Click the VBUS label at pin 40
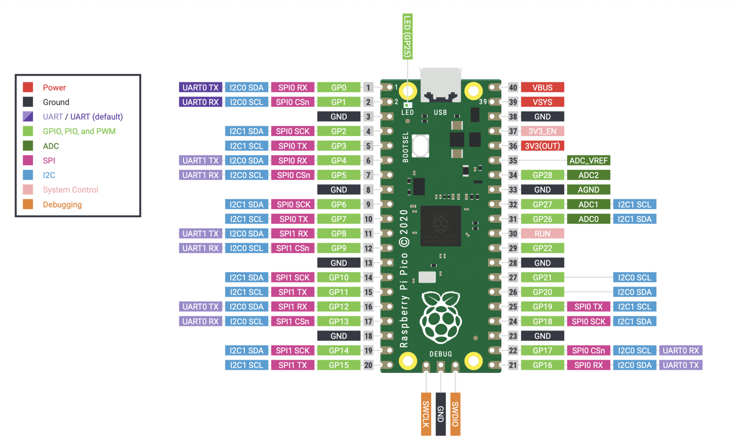click(542, 87)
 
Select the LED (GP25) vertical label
click(407, 36)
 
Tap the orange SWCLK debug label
click(426, 414)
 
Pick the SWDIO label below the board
click(455, 414)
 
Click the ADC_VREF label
click(588, 160)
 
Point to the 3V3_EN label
click(542, 131)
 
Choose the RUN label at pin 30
click(542, 234)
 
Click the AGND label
click(588, 190)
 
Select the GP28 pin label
click(542, 175)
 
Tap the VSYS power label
click(542, 102)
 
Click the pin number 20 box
click(368, 365)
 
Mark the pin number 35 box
click(513, 160)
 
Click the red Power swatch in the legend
click(28, 87)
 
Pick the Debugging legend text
click(62, 204)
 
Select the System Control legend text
click(71, 190)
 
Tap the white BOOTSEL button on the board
click(420, 146)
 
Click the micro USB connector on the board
click(440, 85)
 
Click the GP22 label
click(542, 248)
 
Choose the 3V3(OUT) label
click(542, 146)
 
